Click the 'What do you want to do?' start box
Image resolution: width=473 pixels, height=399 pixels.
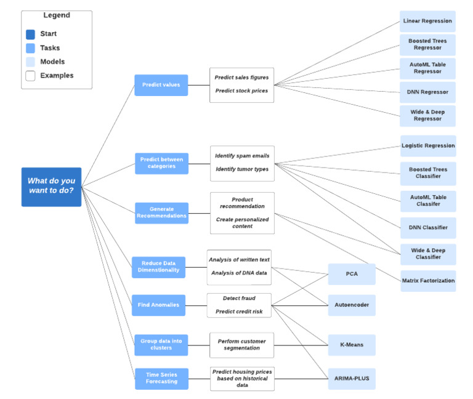51,187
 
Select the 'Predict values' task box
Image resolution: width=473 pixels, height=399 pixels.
161,85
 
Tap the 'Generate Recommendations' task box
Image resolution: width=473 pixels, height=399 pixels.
161,213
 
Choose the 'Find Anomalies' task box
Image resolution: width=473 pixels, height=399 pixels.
158,305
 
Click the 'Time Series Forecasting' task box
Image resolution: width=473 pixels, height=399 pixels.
161,378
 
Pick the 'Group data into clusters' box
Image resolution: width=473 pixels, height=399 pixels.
161,345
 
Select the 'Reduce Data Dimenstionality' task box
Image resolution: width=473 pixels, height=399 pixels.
158,267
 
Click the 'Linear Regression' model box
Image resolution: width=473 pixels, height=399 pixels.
427,21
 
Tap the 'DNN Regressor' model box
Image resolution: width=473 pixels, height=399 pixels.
427,92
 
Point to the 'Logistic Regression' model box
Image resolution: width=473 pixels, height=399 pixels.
428,146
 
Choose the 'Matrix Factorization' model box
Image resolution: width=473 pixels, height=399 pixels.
428,281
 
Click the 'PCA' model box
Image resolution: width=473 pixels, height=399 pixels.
351,274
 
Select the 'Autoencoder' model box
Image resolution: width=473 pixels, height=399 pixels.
351,305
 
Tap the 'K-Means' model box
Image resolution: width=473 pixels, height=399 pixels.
351,345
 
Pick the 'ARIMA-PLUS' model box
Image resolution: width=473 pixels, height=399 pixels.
351,379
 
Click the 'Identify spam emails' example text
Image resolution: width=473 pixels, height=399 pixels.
242,156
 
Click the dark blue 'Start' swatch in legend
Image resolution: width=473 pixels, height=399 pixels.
30,34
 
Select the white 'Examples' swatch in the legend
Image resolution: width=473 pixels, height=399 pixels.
30,75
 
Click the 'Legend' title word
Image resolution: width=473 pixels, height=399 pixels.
57,15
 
